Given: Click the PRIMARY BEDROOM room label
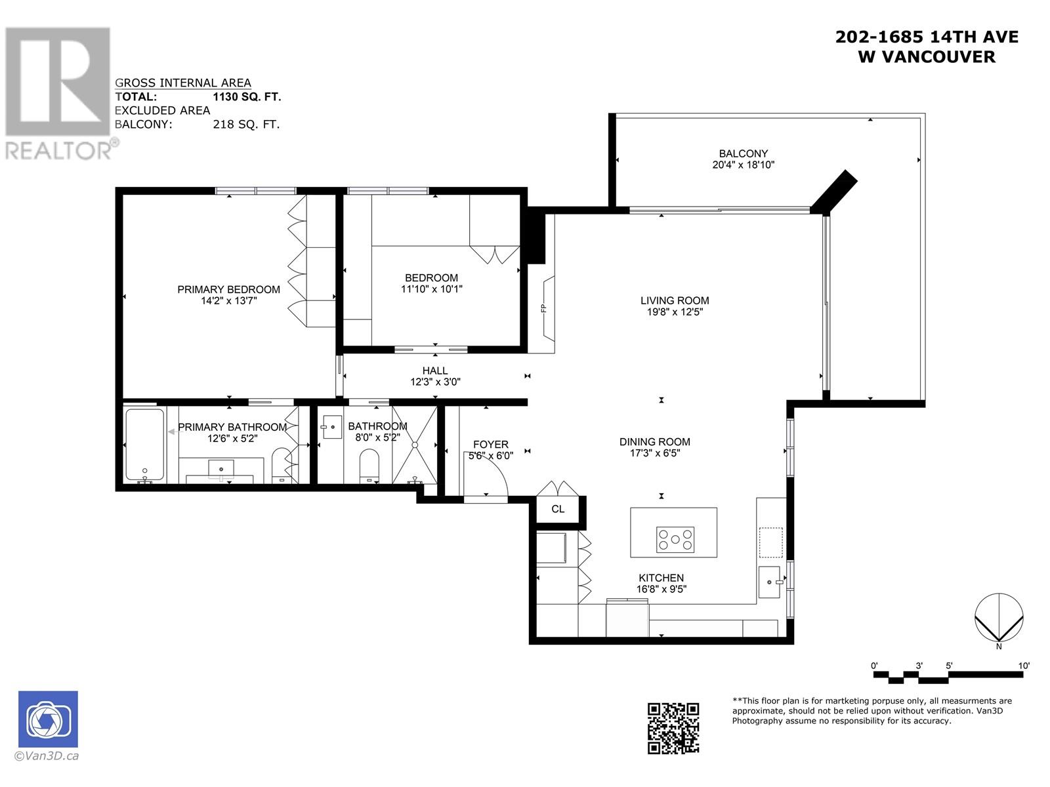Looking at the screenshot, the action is tap(228, 290).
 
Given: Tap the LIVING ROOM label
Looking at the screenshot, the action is tap(675, 300).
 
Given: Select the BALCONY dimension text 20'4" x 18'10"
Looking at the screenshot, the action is tap(743, 165).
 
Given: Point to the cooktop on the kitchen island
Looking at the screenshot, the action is tap(675, 540).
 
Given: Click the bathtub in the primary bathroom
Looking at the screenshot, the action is tap(144, 445).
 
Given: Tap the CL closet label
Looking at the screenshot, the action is tap(558, 509).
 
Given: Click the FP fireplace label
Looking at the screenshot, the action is tap(543, 309).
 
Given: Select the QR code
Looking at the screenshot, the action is tap(673, 728).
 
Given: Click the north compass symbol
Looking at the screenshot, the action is tap(999, 617).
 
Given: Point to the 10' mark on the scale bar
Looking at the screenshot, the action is tap(1024, 666).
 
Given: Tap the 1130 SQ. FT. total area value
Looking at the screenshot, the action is tap(247, 97).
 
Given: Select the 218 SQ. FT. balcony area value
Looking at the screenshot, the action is tap(246, 125).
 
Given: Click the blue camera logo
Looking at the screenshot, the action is tap(48, 719).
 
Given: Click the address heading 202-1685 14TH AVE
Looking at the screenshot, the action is tap(927, 37).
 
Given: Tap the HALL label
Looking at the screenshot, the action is tap(435, 371).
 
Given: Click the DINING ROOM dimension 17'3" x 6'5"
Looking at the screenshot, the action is tap(655, 453).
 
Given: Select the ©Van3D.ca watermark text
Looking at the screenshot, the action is tap(47, 756).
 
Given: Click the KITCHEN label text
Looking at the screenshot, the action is tap(661, 578).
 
